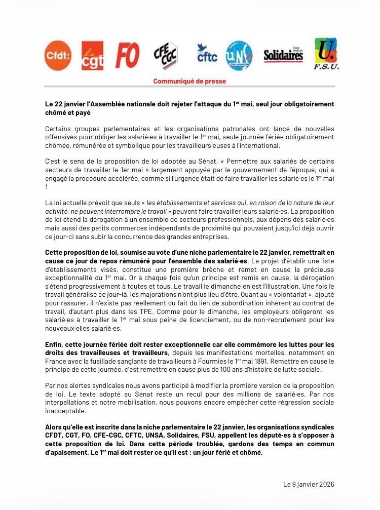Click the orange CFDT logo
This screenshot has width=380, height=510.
click(58, 55)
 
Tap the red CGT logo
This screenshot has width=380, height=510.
click(92, 56)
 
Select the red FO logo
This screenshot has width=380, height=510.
click(127, 55)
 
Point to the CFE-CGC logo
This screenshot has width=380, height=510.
click(165, 55)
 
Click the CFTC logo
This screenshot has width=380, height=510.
click(207, 53)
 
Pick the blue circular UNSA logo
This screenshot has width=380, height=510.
click(239, 55)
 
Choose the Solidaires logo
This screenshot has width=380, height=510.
click(283, 55)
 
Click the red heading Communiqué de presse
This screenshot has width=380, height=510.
click(189, 81)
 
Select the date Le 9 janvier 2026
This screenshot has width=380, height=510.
click(309, 484)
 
